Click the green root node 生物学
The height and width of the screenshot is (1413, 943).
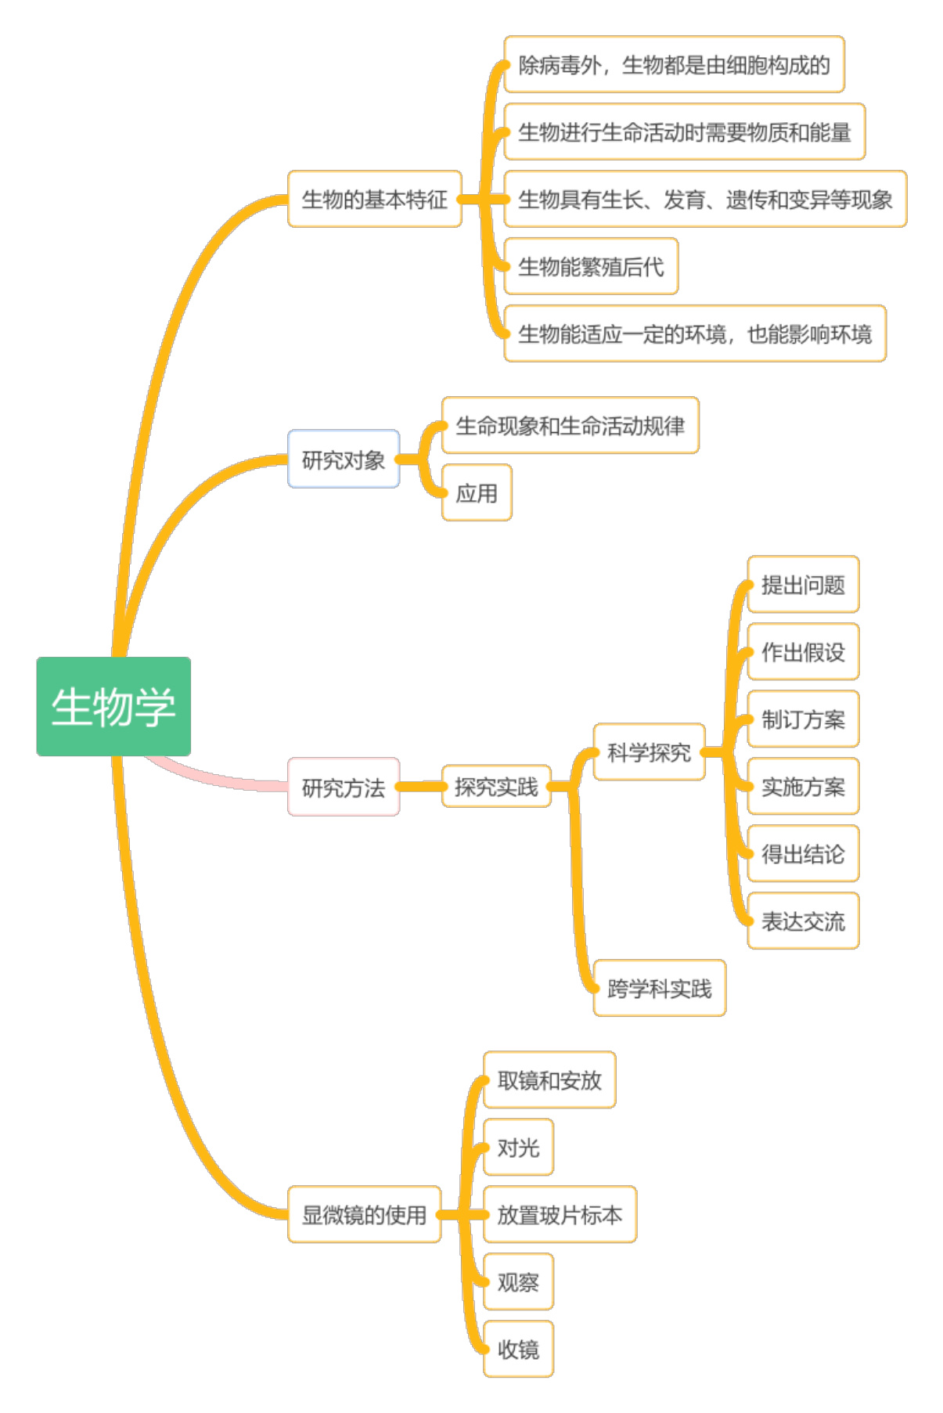click(113, 706)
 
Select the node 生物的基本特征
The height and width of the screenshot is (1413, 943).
click(374, 199)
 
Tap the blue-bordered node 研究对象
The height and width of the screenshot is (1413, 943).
click(344, 459)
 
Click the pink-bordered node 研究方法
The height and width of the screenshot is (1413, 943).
click(344, 787)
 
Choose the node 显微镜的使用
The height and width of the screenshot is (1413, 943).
click(364, 1214)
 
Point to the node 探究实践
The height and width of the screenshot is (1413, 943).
click(496, 787)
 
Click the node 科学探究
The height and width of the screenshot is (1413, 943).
click(649, 752)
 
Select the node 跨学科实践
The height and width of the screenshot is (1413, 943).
click(659, 988)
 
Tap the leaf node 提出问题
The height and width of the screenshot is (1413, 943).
click(803, 585)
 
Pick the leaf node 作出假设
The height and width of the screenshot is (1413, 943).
click(803, 652)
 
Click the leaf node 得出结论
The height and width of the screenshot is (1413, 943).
click(803, 853)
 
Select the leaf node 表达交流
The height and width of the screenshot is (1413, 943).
click(803, 921)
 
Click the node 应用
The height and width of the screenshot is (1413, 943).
click(477, 492)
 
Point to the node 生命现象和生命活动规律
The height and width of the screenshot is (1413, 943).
click(570, 425)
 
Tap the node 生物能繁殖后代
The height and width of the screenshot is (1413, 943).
click(591, 266)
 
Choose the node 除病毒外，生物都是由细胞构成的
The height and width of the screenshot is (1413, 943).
click(674, 64)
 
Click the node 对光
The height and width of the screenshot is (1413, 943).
click(518, 1147)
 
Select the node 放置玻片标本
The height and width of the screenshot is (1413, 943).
click(560, 1214)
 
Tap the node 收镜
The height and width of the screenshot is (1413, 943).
click(518, 1349)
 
